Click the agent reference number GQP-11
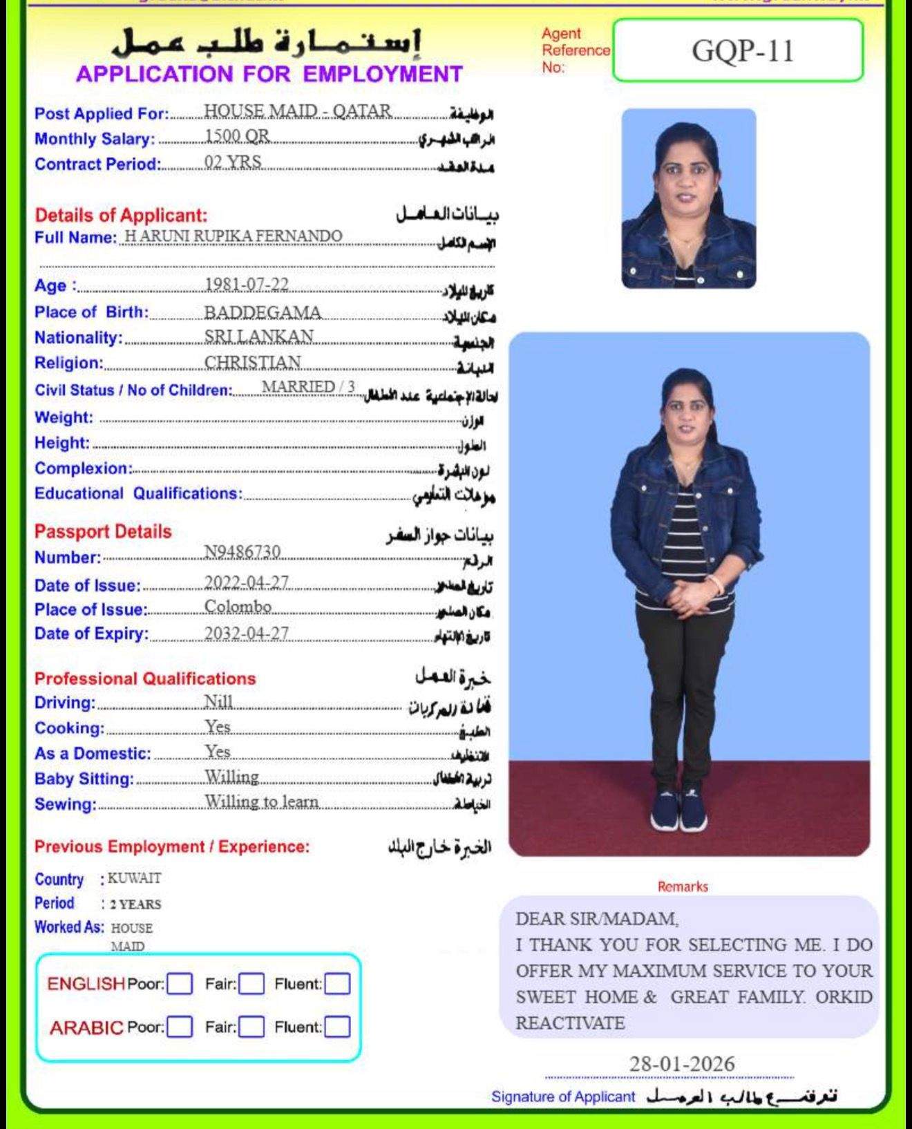tap(742, 51)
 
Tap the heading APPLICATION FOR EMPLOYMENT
tap(269, 74)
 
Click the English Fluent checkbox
tap(337, 983)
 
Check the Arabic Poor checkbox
tap(180, 1027)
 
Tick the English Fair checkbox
tap(251, 983)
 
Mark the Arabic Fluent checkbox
tap(337, 1027)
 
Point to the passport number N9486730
tap(243, 551)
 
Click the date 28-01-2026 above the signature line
tap(681, 1063)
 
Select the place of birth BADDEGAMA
tap(263, 312)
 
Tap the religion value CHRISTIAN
tap(253, 362)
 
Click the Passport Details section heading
tap(103, 531)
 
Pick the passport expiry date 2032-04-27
tap(247, 633)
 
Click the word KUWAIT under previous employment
tap(135, 878)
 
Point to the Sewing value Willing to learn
tap(262, 801)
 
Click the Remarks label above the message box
tap(683, 886)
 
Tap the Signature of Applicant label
tap(562, 1097)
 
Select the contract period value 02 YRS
tap(233, 162)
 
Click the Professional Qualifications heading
tap(145, 679)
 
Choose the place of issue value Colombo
tap(238, 607)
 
